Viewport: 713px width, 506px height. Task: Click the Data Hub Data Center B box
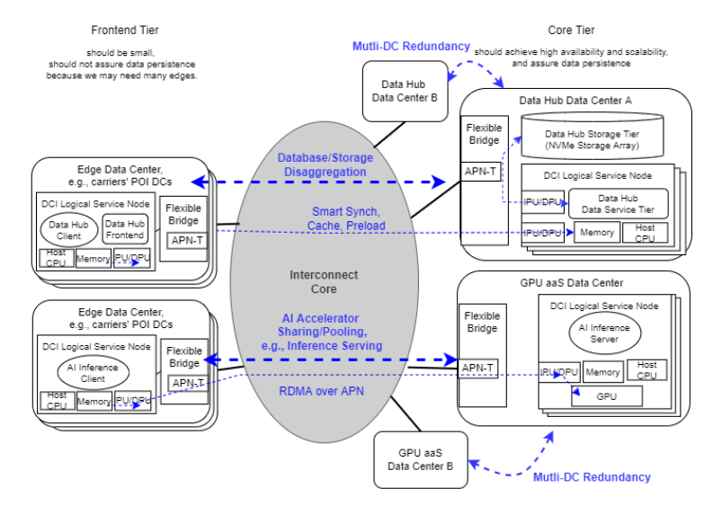point(405,91)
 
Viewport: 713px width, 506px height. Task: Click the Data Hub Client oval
point(68,230)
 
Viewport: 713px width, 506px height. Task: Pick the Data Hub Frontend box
point(125,229)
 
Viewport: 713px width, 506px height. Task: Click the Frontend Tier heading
point(124,31)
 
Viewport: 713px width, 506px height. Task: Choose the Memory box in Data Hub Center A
point(594,233)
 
